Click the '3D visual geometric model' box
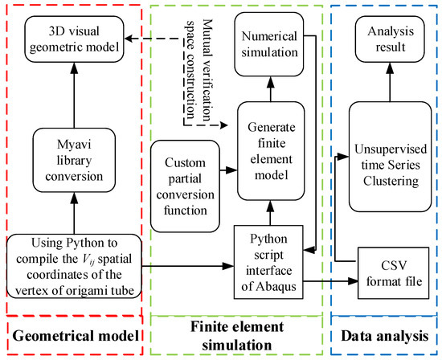tap(74, 39)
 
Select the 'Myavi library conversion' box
tap(74, 160)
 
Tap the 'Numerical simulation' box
tap(269, 44)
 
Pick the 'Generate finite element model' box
tap(271, 151)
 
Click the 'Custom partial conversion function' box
tap(185, 186)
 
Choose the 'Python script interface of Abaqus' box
tap(268, 262)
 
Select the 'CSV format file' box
tap(394, 273)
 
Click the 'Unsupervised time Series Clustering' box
tap(390, 157)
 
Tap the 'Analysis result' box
tap(390, 39)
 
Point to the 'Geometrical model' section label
tap(76, 336)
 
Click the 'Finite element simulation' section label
tap(237, 336)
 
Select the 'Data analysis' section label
tap(385, 336)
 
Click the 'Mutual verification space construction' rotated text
tap(198, 70)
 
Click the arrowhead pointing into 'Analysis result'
tap(390, 68)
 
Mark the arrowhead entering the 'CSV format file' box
tap(353, 280)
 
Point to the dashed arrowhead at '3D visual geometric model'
tap(129, 39)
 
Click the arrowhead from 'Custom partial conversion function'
tap(232, 170)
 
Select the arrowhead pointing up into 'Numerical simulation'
tap(271, 82)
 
